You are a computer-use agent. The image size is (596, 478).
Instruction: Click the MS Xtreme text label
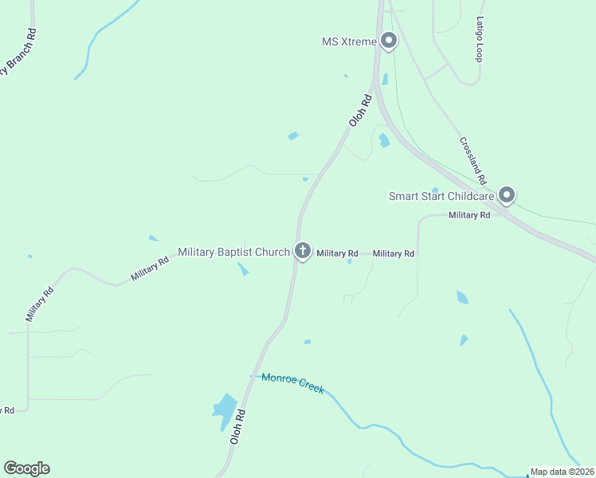pyautogui.click(x=348, y=41)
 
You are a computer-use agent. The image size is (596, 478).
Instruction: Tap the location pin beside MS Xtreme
pyautogui.click(x=389, y=40)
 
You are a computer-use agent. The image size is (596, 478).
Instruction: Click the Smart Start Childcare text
pyautogui.click(x=441, y=196)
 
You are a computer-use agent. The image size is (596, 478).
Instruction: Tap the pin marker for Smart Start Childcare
pyautogui.click(x=507, y=194)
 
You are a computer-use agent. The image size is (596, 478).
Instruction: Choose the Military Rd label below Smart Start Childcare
pyautogui.click(x=469, y=215)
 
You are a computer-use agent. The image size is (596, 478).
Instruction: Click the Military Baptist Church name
pyautogui.click(x=233, y=252)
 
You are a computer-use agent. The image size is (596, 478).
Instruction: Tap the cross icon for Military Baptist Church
pyautogui.click(x=302, y=251)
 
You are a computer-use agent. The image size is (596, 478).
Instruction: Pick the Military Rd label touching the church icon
pyautogui.click(x=337, y=253)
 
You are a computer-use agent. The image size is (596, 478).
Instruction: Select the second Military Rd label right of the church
pyautogui.click(x=394, y=253)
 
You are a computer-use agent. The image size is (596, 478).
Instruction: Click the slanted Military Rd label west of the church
pyautogui.click(x=150, y=268)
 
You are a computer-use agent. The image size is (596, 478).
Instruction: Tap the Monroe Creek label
pyautogui.click(x=292, y=383)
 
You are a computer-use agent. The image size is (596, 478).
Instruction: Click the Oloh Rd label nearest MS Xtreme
pyautogui.click(x=360, y=112)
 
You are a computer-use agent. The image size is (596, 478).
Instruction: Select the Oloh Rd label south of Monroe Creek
pyautogui.click(x=237, y=427)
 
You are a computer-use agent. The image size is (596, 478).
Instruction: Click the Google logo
pyautogui.click(x=26, y=468)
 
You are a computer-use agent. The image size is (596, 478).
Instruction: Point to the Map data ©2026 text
pyautogui.click(x=563, y=472)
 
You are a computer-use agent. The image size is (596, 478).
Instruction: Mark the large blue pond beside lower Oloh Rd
pyautogui.click(x=225, y=408)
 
